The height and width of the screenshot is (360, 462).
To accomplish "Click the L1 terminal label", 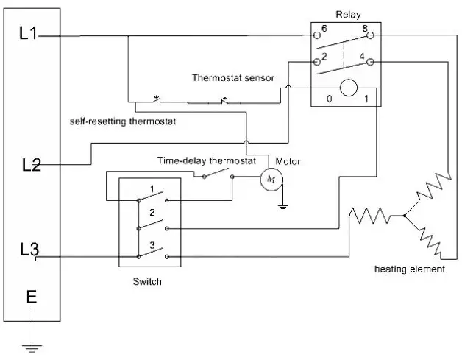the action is point(28,33).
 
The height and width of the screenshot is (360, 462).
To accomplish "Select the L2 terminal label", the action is point(32,164).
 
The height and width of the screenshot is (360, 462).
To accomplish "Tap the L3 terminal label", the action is point(29,250).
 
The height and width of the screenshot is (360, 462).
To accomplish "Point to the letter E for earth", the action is point(32,297).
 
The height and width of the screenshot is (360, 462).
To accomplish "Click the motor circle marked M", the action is point(271,179).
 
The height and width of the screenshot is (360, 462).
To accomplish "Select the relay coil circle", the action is point(349,88).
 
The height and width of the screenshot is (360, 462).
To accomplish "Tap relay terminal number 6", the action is point(324,28).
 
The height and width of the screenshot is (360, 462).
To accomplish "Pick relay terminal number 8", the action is point(365,28).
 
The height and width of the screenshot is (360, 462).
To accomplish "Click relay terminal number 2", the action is point(324,56).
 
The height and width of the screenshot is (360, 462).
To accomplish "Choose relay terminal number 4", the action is point(362,56).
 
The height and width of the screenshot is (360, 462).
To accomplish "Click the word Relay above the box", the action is point(348,15).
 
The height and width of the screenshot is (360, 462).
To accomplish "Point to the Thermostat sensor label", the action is point(233,78).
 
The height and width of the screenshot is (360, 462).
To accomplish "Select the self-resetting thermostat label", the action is point(123,121).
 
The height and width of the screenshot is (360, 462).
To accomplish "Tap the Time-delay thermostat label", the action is point(207,160).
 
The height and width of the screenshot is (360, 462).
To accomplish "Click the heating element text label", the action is point(410,269).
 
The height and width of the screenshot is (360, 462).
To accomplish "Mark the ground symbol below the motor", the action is point(282,206).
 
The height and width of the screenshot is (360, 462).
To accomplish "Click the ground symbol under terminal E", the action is point(32,348).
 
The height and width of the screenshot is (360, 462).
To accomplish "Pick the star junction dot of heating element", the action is point(405,216).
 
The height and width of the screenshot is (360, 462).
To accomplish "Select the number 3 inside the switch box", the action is point(152,245).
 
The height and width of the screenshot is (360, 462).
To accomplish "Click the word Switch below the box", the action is point(147,281).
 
